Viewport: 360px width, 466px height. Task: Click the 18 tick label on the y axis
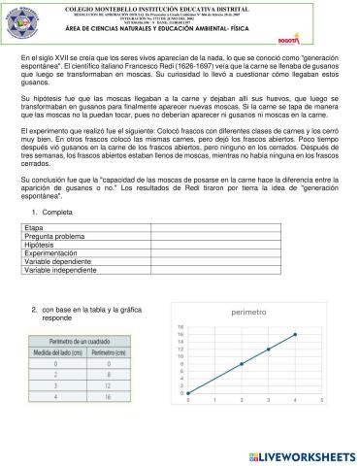click(x=180, y=327)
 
